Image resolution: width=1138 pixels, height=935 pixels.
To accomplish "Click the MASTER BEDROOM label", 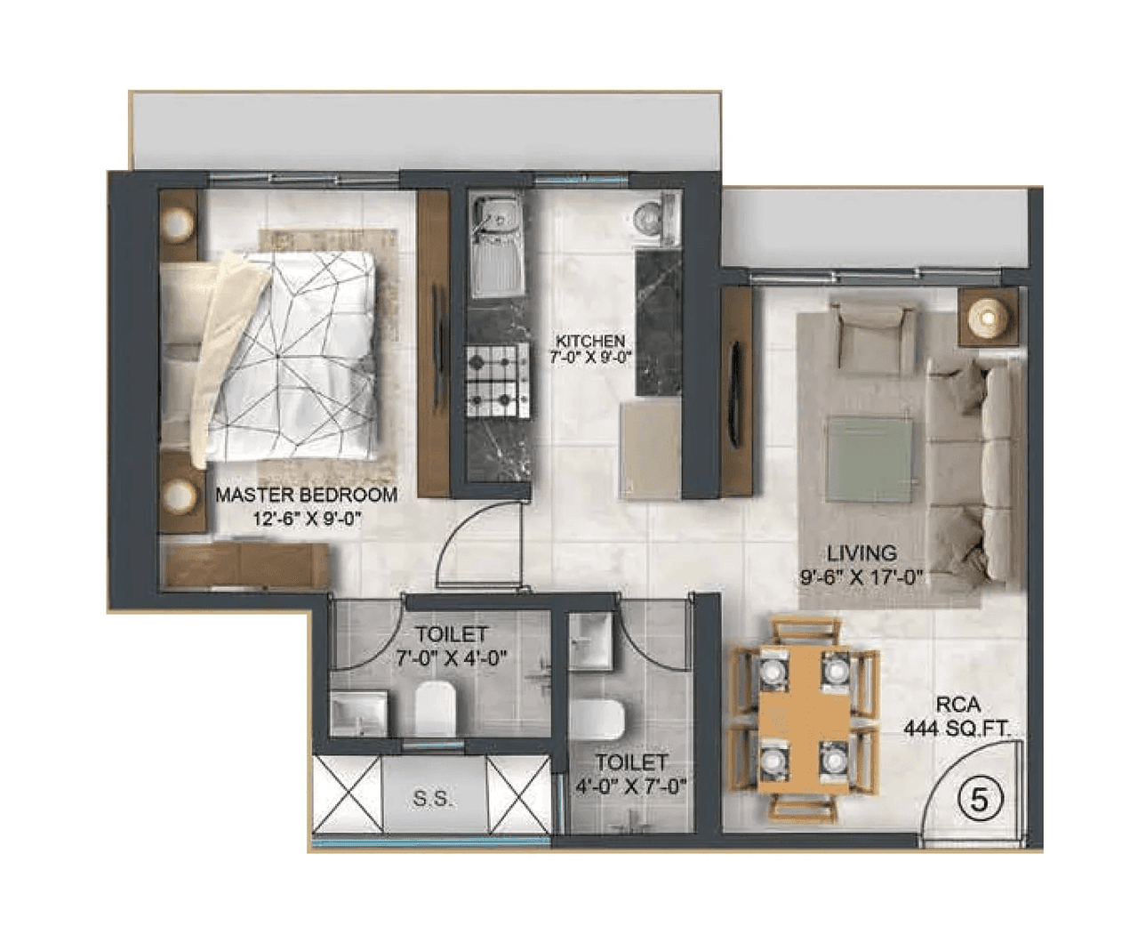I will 306,495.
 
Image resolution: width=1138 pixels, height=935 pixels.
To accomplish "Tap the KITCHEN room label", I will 589,341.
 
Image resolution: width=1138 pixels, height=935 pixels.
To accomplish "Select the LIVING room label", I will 861,553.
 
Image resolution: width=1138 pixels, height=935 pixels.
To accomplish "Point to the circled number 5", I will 979,800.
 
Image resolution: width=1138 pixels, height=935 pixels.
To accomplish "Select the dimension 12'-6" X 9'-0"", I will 306,519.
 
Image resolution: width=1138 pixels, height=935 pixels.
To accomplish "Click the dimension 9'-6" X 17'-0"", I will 861,577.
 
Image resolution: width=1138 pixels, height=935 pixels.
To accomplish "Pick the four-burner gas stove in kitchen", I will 499,381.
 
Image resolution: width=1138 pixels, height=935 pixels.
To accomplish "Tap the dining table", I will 804,716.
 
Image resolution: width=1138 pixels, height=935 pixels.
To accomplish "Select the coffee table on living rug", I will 870,458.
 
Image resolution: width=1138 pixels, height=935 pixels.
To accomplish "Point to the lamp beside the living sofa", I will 986,318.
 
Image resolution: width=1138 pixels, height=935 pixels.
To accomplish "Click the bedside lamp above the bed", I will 180,223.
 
